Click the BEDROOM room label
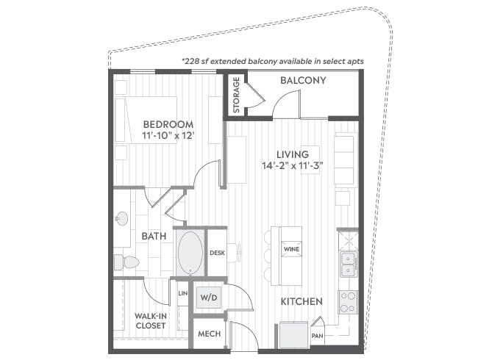click(x=168, y=124)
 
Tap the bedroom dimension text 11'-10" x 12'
click(x=168, y=135)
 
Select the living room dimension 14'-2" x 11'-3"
click(x=293, y=166)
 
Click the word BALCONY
click(x=303, y=80)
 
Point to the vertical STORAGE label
click(x=237, y=95)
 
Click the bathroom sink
click(x=122, y=218)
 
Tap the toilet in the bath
click(x=126, y=262)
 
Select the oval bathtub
click(x=190, y=253)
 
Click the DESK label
click(x=218, y=253)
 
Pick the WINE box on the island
click(x=291, y=249)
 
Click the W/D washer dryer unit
click(x=209, y=298)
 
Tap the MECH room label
click(x=209, y=334)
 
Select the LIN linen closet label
click(x=183, y=293)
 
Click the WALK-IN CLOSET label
click(x=151, y=321)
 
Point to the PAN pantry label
click(x=318, y=336)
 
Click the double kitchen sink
click(x=348, y=264)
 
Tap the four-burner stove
click(x=348, y=302)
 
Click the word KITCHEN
click(x=302, y=301)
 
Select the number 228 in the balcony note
click(x=192, y=61)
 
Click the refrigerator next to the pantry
click(x=293, y=335)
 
